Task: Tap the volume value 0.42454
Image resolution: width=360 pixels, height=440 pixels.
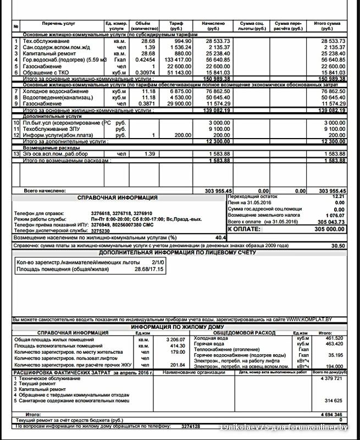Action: (145, 60)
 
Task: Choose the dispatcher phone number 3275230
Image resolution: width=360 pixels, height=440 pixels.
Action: (102, 230)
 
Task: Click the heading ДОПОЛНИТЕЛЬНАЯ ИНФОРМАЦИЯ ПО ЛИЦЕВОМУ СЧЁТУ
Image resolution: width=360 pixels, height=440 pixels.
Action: (177, 252)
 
